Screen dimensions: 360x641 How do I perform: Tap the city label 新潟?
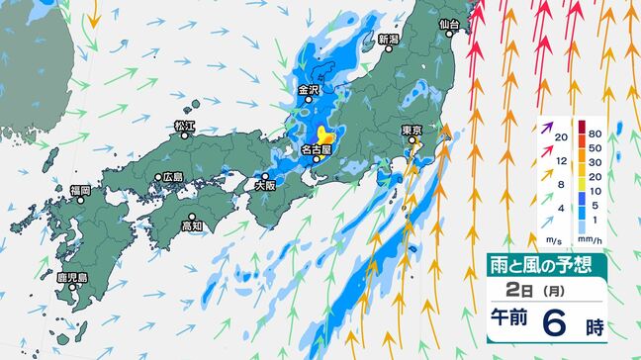[388, 40]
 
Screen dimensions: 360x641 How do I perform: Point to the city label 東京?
[412, 131]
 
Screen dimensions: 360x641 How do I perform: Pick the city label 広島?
[173, 177]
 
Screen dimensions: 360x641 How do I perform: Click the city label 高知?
[191, 226]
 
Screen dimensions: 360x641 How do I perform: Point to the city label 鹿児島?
[74, 278]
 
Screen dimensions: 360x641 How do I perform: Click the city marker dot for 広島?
[157, 178]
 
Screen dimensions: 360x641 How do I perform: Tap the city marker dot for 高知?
[190, 217]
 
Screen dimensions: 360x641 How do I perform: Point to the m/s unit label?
[554, 237]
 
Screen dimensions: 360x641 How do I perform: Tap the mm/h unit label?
[595, 237]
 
